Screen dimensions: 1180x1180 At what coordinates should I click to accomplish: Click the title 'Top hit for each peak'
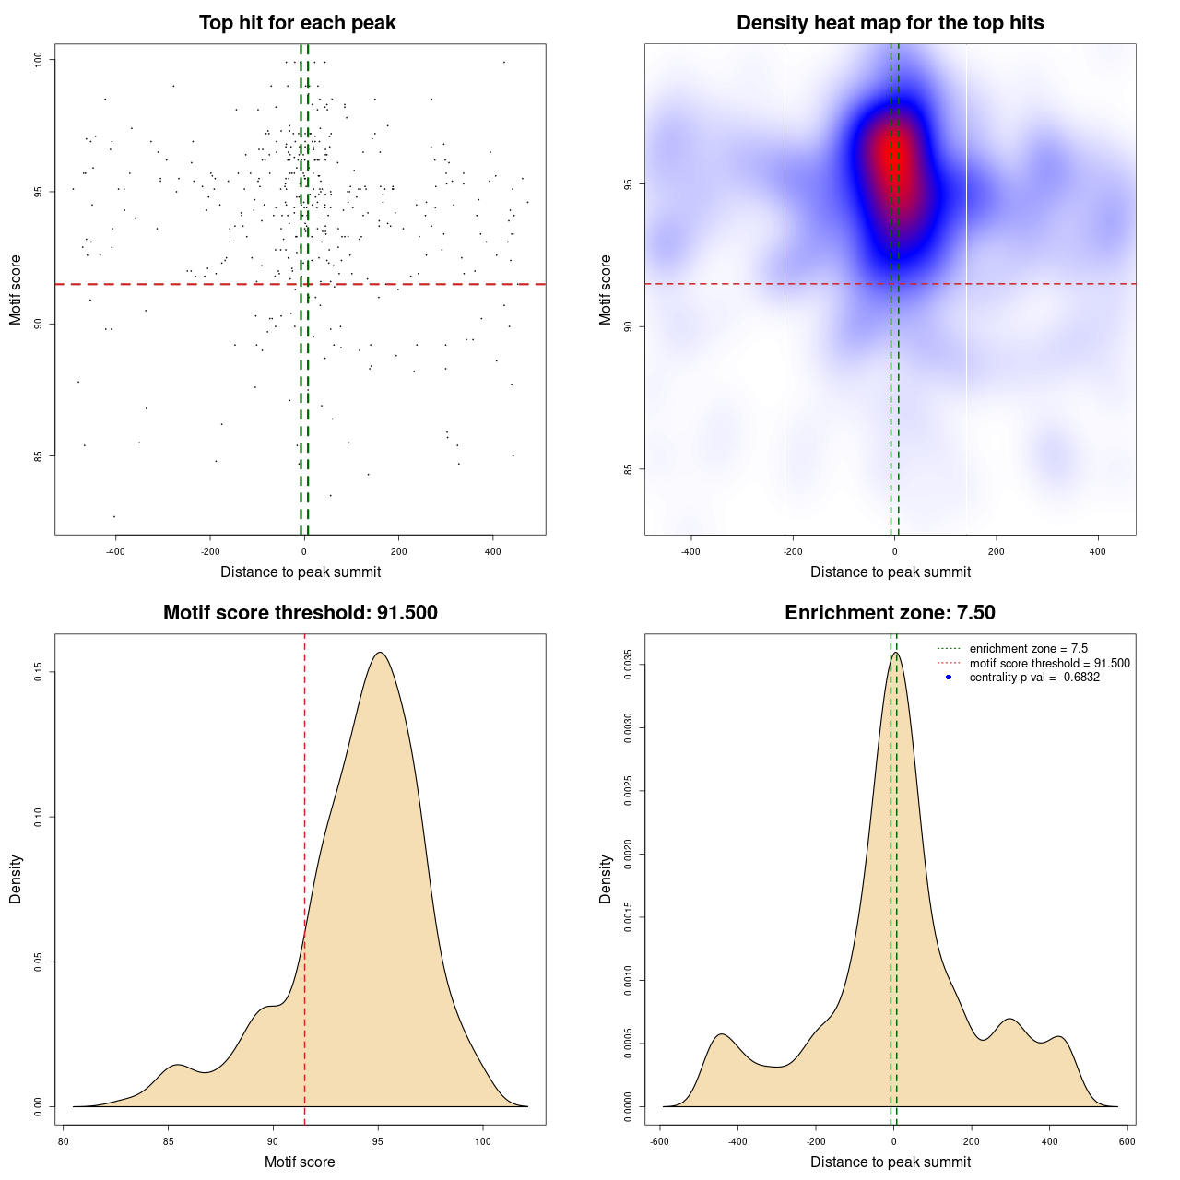click(298, 23)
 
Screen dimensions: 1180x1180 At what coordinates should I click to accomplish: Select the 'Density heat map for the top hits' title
click(890, 23)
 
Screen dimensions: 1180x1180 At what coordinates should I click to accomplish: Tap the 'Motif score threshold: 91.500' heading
click(300, 613)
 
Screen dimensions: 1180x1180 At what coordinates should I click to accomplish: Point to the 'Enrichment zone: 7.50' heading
click(890, 613)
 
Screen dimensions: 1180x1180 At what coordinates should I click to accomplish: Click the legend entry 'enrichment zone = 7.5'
click(1028, 649)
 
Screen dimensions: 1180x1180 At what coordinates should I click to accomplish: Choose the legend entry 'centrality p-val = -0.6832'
click(1034, 678)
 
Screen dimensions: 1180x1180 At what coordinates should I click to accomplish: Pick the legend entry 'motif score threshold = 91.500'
click(1049, 663)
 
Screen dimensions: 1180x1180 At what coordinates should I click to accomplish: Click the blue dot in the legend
click(949, 678)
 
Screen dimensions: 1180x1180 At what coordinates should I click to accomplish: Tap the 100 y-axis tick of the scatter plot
click(40, 60)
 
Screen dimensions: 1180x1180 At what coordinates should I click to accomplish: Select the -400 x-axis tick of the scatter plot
click(115, 551)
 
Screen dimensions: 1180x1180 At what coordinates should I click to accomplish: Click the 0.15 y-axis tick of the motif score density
click(40, 673)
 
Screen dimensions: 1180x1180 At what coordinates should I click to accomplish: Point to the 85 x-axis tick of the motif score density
click(168, 1141)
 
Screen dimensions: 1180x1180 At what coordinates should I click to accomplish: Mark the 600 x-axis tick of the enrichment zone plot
click(1127, 1141)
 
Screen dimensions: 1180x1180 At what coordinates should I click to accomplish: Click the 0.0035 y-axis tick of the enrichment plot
click(629, 665)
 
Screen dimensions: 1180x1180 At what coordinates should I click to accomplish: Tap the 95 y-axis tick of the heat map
click(629, 184)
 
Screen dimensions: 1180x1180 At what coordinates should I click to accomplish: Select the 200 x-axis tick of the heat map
click(996, 551)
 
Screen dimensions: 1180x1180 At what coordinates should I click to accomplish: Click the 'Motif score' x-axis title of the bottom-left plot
click(300, 1162)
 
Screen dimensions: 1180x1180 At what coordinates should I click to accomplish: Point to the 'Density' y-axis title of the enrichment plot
click(606, 879)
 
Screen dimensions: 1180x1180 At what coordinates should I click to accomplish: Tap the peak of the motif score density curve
click(379, 653)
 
